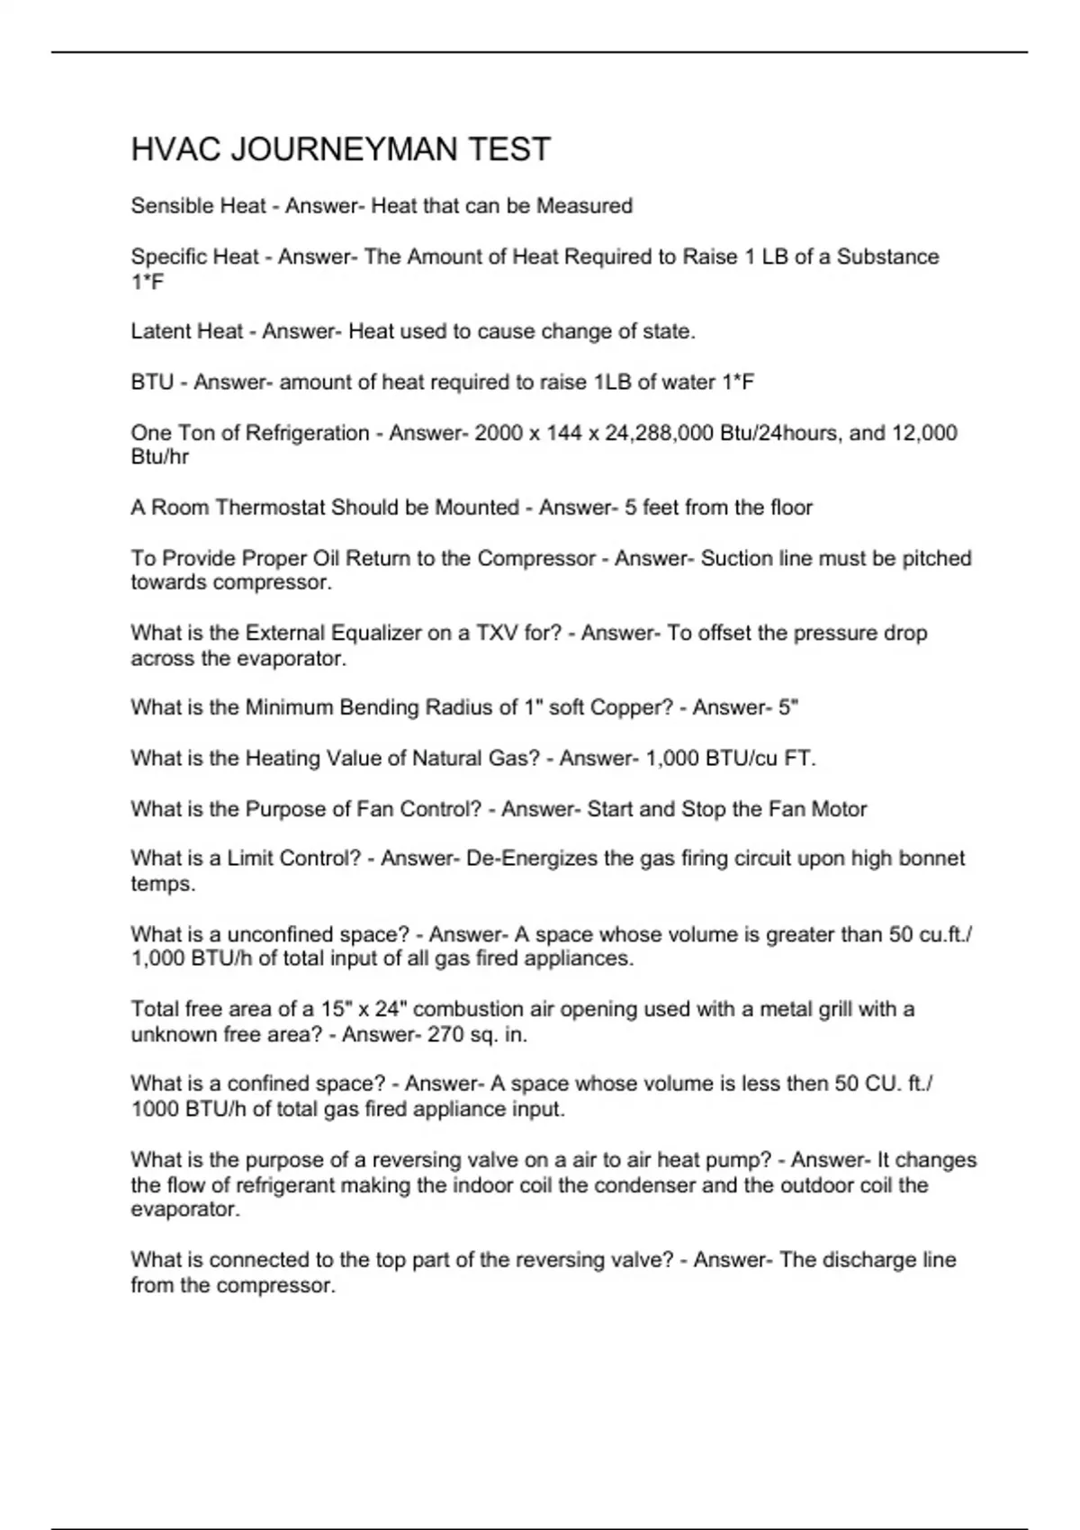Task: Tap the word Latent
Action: [160, 331]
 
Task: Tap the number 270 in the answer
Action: [445, 1035]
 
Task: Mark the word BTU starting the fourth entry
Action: [152, 382]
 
